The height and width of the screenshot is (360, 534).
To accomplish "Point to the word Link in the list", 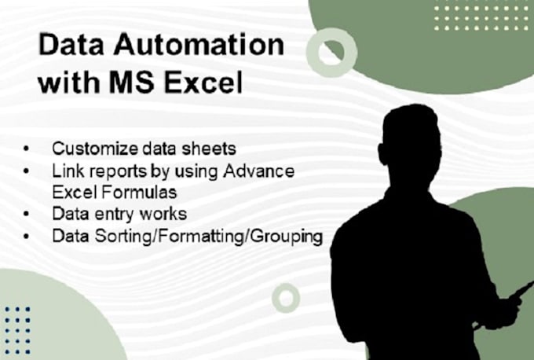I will click(65, 171).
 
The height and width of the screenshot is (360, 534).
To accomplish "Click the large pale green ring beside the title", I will click(331, 52).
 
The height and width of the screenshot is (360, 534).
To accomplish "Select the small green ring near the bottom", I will click(286, 298).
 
